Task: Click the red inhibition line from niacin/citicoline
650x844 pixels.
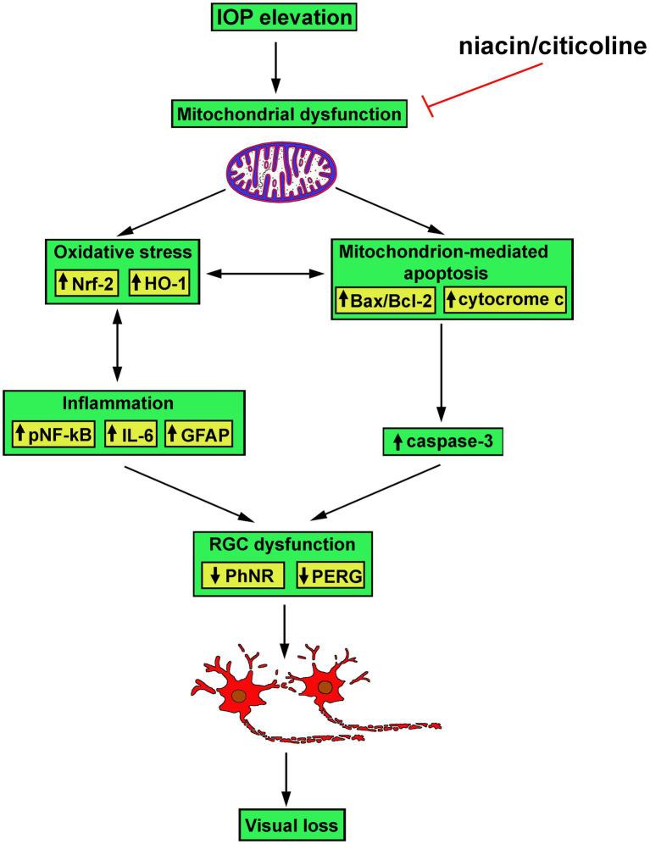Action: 492,89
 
